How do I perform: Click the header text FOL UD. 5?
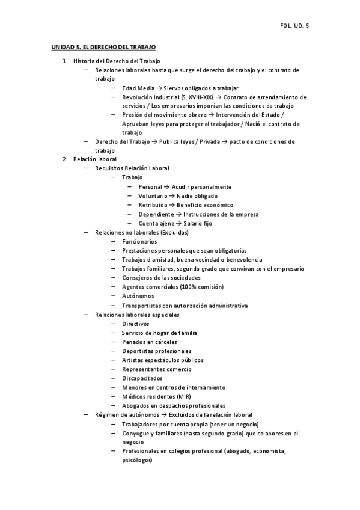point(294,26)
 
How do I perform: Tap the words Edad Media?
point(138,88)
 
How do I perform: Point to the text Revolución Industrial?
point(150,97)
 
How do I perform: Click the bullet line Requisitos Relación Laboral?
point(132,168)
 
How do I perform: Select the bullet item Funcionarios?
point(139,241)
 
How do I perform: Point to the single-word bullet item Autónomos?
point(138,296)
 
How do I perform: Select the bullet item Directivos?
point(135,324)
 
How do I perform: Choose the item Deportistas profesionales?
point(157,351)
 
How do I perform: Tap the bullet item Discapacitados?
point(142,378)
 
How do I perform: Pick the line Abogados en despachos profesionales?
point(174,405)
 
